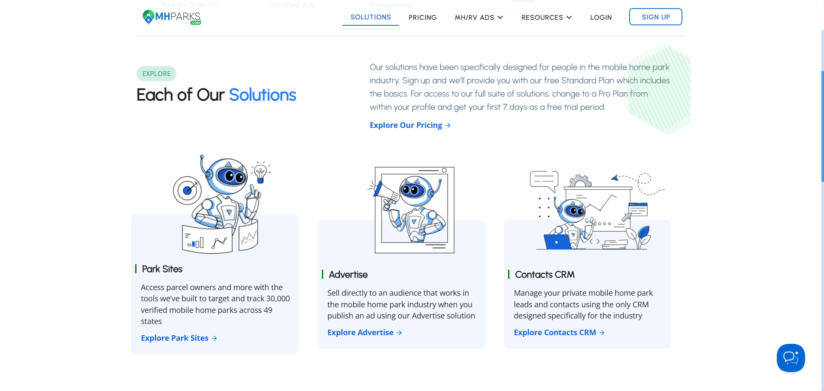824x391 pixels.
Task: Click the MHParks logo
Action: [172, 17]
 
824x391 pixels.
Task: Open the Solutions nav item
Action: [370, 17]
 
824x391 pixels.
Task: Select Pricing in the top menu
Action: [422, 18]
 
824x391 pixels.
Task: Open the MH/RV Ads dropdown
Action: [479, 18]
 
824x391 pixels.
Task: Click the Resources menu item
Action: [546, 18]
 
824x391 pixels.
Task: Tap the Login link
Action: [601, 18]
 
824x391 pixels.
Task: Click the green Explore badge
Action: [156, 74]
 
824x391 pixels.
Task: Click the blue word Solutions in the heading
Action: [262, 95]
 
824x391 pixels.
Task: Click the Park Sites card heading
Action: [162, 269]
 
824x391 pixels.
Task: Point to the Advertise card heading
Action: [348, 275]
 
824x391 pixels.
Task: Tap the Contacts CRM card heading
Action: [545, 275]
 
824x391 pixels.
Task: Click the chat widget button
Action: [791, 358]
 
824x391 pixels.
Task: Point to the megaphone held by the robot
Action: [385, 194]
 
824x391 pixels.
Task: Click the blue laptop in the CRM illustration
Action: [557, 242]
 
